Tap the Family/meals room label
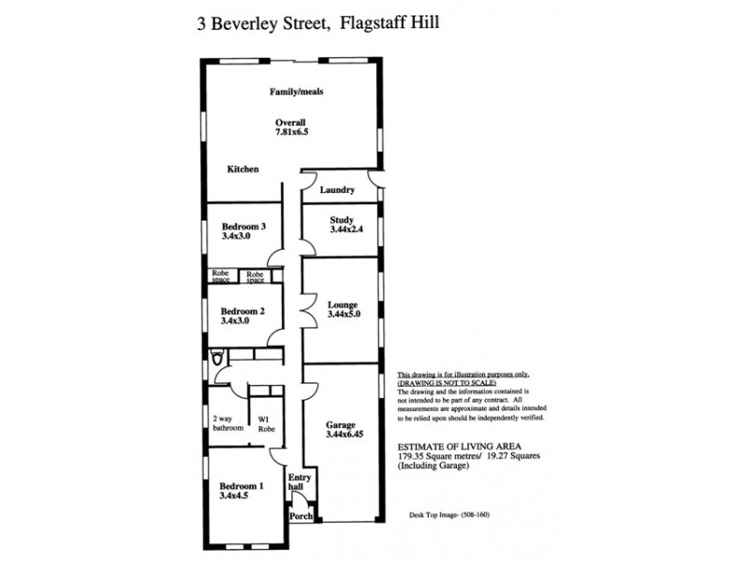tap(297, 92)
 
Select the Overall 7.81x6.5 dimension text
tap(291, 128)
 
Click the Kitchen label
tap(242, 169)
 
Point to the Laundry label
tap(337, 190)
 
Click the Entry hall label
tap(299, 482)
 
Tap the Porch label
tap(301, 516)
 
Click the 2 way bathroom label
tap(228, 423)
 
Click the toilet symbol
tap(217, 357)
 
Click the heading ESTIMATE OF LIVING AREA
tap(459, 447)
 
